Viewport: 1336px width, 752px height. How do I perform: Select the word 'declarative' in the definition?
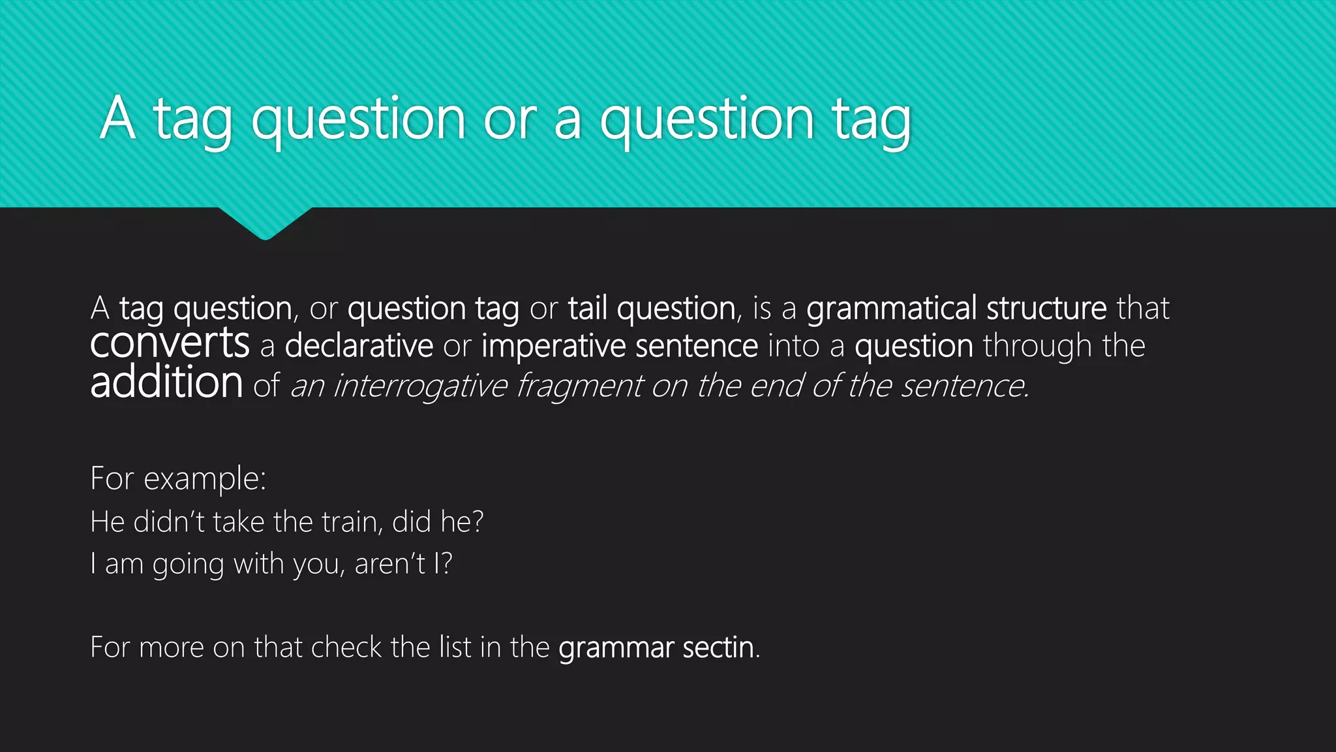coord(359,346)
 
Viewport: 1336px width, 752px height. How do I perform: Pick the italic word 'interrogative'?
coord(420,386)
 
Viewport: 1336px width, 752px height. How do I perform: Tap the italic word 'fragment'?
coord(580,386)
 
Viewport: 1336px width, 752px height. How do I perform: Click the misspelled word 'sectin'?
coord(718,648)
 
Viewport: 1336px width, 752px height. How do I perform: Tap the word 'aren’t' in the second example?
coord(390,564)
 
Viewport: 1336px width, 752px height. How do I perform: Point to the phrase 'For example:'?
coord(178,479)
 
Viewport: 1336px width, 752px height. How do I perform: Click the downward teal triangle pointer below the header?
coord(265,222)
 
